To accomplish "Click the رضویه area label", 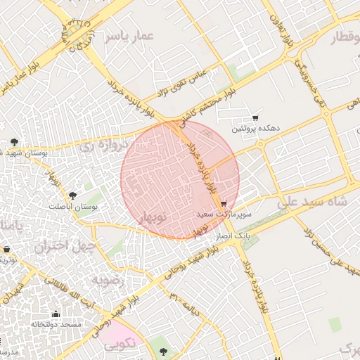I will (x=108, y=279).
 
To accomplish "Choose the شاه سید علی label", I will (x=313, y=202).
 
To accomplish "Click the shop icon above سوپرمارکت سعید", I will (x=224, y=204).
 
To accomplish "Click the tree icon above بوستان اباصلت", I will (x=72, y=195).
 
